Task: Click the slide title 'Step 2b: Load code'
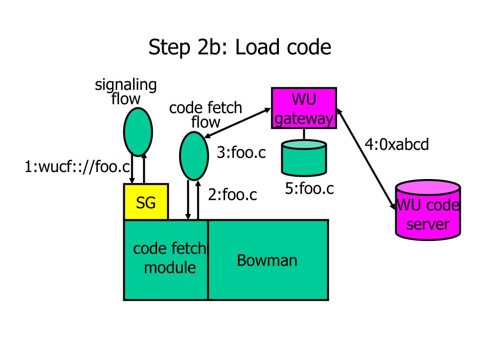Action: (x=240, y=47)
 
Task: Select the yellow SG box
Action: (x=146, y=202)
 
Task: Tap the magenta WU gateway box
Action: (x=304, y=108)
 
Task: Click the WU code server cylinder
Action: (x=428, y=210)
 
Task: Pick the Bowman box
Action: (x=268, y=260)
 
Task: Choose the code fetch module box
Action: (x=165, y=260)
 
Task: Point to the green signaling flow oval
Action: (x=138, y=132)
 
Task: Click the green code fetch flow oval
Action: (x=194, y=156)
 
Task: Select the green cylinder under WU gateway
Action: (x=304, y=158)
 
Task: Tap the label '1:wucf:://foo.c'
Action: (x=77, y=167)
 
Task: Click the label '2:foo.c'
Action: (x=232, y=195)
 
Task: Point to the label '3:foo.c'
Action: (x=241, y=152)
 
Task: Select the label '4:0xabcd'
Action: (x=397, y=144)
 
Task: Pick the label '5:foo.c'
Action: (x=309, y=188)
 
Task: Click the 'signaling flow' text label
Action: (x=126, y=91)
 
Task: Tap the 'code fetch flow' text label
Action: (x=205, y=115)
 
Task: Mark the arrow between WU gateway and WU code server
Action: (x=366, y=159)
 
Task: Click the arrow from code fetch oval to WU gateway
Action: (x=237, y=123)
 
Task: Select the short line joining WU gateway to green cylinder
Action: (x=304, y=134)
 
